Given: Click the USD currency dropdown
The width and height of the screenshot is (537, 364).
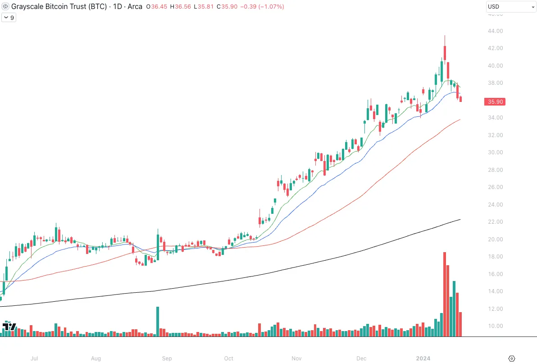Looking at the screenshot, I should [510, 7].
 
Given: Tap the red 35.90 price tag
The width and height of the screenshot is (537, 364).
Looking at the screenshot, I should [495, 102].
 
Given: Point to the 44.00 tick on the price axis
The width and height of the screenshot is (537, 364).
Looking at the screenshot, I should [495, 31].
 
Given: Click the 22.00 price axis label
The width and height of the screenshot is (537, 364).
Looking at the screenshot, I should [495, 222].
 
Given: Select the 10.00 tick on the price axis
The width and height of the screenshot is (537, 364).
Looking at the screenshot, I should [495, 326].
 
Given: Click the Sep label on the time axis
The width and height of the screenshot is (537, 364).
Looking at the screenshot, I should [167, 359].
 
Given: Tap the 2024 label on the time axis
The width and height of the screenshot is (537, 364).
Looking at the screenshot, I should [423, 359].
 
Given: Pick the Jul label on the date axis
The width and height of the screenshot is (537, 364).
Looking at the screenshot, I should [34, 359].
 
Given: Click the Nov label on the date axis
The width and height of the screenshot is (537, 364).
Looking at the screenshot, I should [296, 359].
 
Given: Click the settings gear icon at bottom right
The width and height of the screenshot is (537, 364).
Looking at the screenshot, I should [512, 359].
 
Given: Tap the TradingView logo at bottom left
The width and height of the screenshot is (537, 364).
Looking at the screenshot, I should [9, 327].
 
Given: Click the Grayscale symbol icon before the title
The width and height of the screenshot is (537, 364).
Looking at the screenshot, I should [5, 7].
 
